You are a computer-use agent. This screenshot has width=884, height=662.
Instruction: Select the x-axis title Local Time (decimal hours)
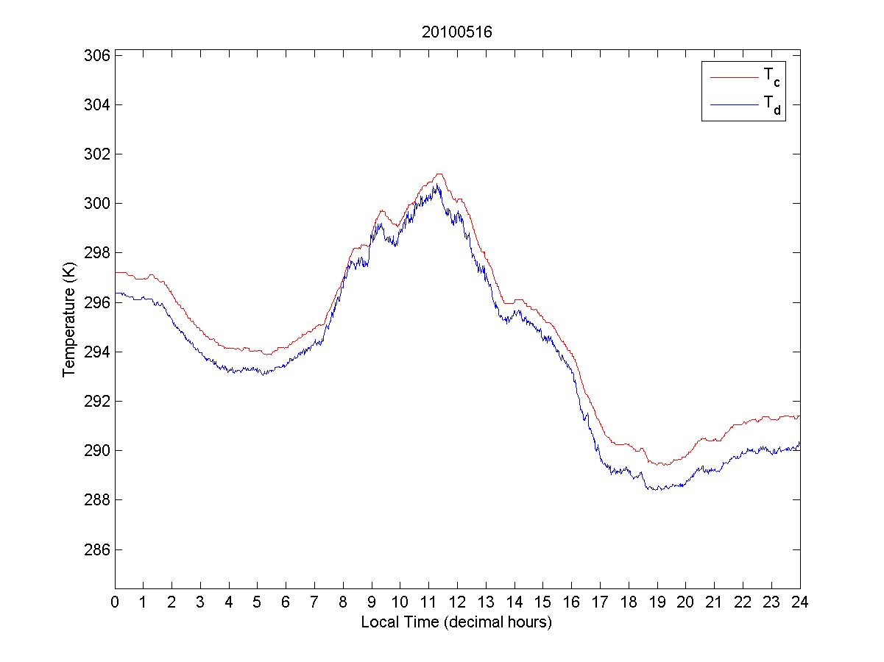pos(456,622)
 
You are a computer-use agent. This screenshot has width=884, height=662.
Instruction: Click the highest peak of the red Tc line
pos(439,174)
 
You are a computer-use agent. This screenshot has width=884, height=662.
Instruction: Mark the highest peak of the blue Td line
pos(436,184)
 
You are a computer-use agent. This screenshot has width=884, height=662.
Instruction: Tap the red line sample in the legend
pos(733,76)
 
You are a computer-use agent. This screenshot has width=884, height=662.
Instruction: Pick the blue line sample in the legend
pos(733,105)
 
